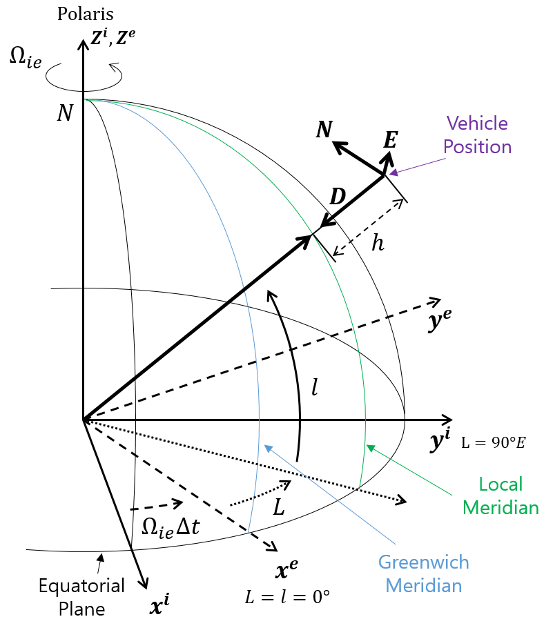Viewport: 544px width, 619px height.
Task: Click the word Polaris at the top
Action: (x=86, y=14)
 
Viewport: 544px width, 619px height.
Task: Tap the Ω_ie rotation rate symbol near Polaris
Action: (x=26, y=59)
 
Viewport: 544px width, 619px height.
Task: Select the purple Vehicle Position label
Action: (x=477, y=135)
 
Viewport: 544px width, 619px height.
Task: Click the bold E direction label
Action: (x=390, y=141)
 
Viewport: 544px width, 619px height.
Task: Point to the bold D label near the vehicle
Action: (x=337, y=197)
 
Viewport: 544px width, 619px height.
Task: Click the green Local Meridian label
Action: (x=501, y=495)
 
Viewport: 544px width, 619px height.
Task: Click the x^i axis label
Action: (x=159, y=605)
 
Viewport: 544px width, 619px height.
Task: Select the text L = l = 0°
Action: (x=287, y=596)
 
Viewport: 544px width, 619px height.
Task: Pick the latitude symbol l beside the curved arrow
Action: (x=314, y=387)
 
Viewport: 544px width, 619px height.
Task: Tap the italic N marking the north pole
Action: (x=65, y=112)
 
